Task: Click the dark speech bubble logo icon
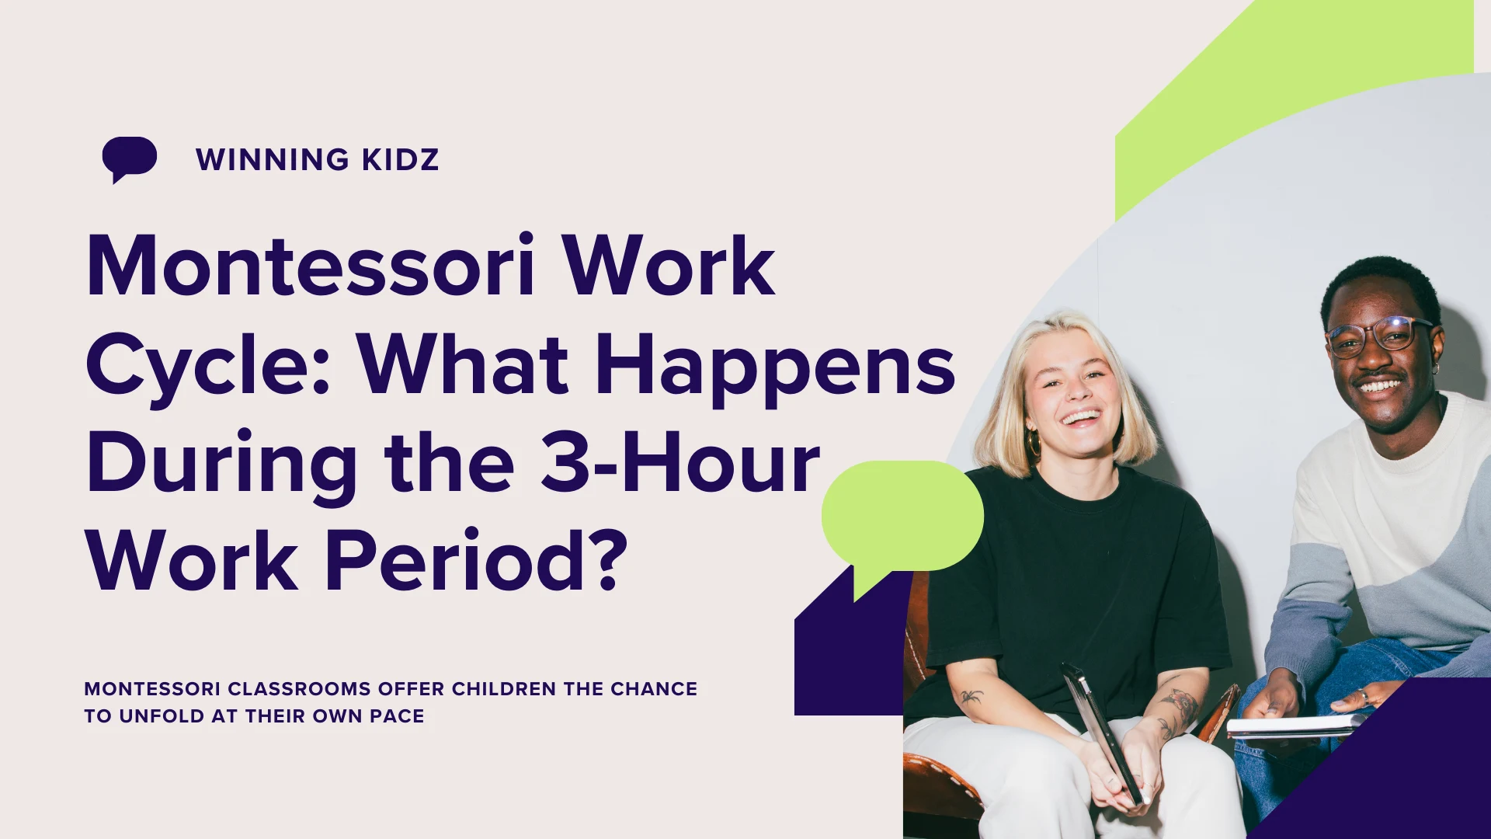129,158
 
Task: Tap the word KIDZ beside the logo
400,160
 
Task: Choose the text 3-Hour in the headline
679,464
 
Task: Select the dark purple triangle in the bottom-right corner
1398,777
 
